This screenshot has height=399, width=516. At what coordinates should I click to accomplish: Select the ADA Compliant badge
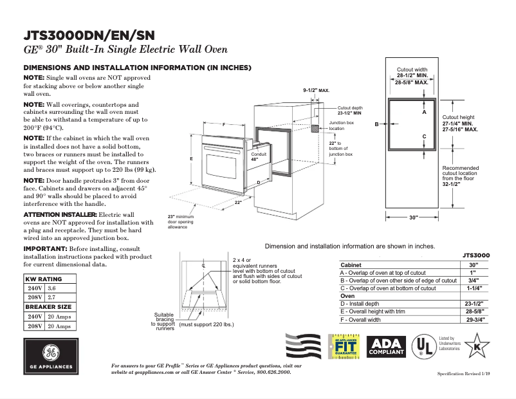click(386, 347)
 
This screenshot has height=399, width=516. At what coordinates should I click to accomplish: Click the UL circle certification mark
click(422, 347)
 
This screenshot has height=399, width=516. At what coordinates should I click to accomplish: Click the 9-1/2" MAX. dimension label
click(316, 91)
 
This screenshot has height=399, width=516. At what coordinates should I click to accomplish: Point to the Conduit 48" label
click(258, 157)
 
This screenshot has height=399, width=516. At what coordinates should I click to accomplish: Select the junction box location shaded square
click(315, 129)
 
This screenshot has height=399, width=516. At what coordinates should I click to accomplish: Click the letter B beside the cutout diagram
click(376, 124)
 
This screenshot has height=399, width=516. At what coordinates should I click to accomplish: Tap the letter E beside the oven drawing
click(191, 158)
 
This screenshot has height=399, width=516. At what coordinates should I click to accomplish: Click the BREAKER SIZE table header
click(48, 307)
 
